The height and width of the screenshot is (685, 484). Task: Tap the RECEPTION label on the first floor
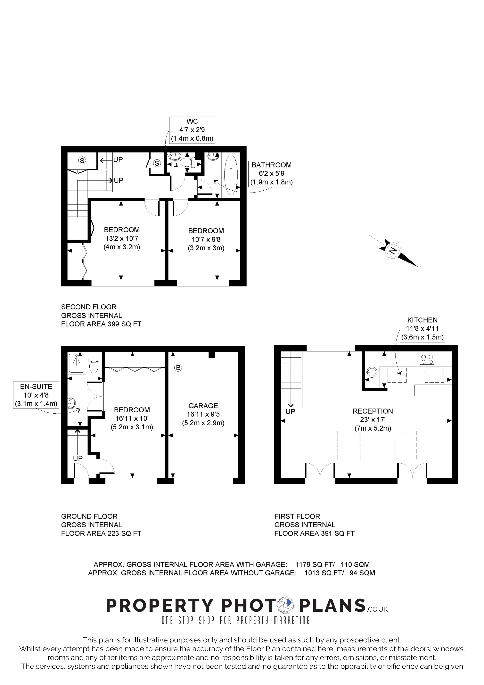pos(373,411)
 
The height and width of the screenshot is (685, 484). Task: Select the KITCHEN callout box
pos(422,329)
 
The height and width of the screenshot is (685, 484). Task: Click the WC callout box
pos(192,130)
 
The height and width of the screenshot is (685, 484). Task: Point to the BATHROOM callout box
pos(271,174)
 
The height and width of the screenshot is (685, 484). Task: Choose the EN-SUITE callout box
pos(36,395)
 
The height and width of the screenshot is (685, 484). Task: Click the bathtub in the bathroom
pos(231,175)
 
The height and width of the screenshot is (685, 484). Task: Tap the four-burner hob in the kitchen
pos(427,359)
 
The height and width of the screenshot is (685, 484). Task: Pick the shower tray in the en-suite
pos(77,363)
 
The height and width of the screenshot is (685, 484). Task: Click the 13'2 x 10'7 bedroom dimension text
pos(122,238)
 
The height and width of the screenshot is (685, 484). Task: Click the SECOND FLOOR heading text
pos(89,307)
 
